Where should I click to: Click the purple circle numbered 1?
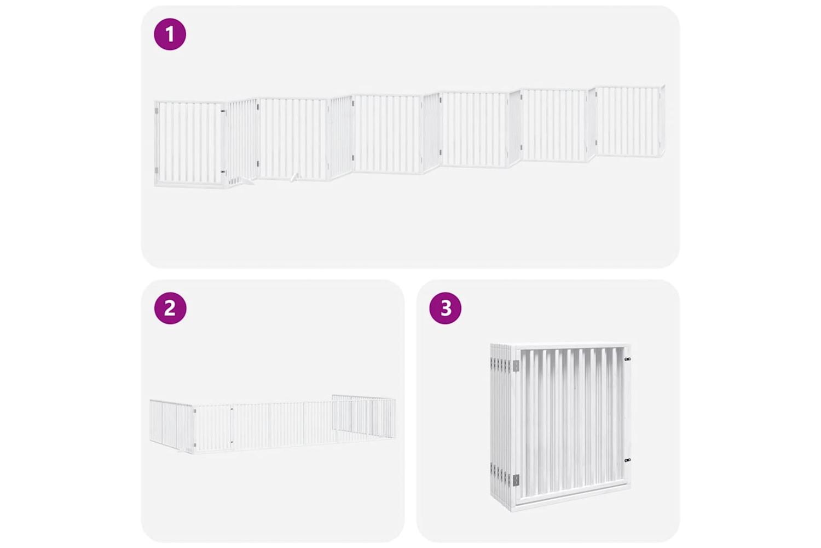coord(170,34)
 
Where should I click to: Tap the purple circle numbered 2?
coord(170,308)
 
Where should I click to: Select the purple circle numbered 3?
coord(446,308)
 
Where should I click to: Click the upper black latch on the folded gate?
coord(627,358)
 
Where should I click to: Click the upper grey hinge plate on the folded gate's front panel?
coord(516,365)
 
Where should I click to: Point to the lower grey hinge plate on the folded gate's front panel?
coord(516,480)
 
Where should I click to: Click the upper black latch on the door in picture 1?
coord(222,111)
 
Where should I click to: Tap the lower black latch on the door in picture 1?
coord(222,172)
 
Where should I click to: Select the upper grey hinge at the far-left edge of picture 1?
coord(157,110)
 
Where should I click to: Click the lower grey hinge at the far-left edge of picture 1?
coord(157,170)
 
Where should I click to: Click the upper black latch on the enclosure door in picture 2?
coord(232,408)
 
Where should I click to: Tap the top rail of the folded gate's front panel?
coord(572,346)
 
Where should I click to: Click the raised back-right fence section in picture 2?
coord(363,416)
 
